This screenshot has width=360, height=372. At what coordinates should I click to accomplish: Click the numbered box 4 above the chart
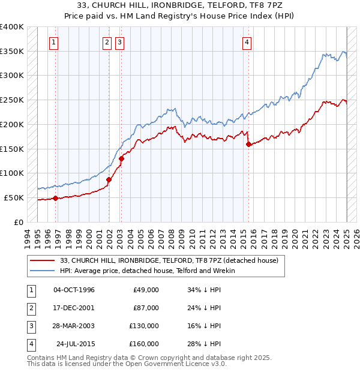click(x=247, y=42)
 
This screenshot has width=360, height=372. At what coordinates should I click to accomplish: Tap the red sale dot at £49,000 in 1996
click(x=55, y=198)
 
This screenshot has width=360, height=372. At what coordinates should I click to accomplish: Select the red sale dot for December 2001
click(x=109, y=179)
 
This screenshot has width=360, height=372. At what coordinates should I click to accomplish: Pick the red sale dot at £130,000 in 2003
click(x=121, y=158)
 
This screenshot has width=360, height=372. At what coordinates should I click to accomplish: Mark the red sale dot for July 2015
click(x=248, y=144)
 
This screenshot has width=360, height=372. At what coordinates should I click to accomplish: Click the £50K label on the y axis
click(x=14, y=197)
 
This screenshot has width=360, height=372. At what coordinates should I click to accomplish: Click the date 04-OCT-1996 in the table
click(x=74, y=290)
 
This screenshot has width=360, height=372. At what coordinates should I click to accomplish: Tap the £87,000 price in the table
click(x=146, y=308)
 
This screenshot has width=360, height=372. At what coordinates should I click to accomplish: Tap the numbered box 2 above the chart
click(x=107, y=42)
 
